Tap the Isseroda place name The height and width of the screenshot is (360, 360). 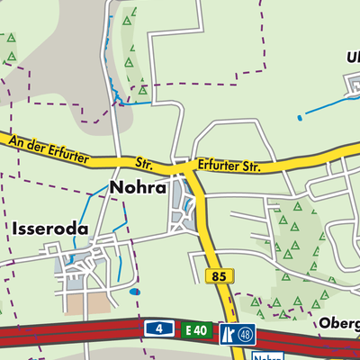[x=50, y=229]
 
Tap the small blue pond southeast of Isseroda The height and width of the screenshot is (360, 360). [x=135, y=292]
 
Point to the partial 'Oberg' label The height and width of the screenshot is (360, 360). [x=338, y=322]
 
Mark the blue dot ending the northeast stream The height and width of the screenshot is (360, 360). [x=299, y=117]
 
